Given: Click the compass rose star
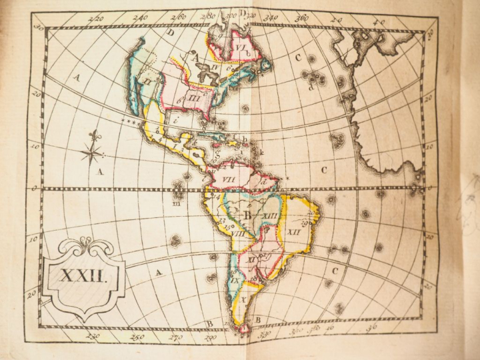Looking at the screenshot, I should pos(92,153).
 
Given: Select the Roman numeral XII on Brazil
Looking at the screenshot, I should pos(294,231).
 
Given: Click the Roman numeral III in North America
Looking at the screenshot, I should pos(194,98).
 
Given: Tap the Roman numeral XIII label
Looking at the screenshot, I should pos(269,215).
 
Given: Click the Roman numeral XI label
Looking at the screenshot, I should pos(253,258).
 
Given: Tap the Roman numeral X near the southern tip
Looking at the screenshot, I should pos(243,299).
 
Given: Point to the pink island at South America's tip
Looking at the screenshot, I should pos(241,326).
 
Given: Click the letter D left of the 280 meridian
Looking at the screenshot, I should pos(171,32).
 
